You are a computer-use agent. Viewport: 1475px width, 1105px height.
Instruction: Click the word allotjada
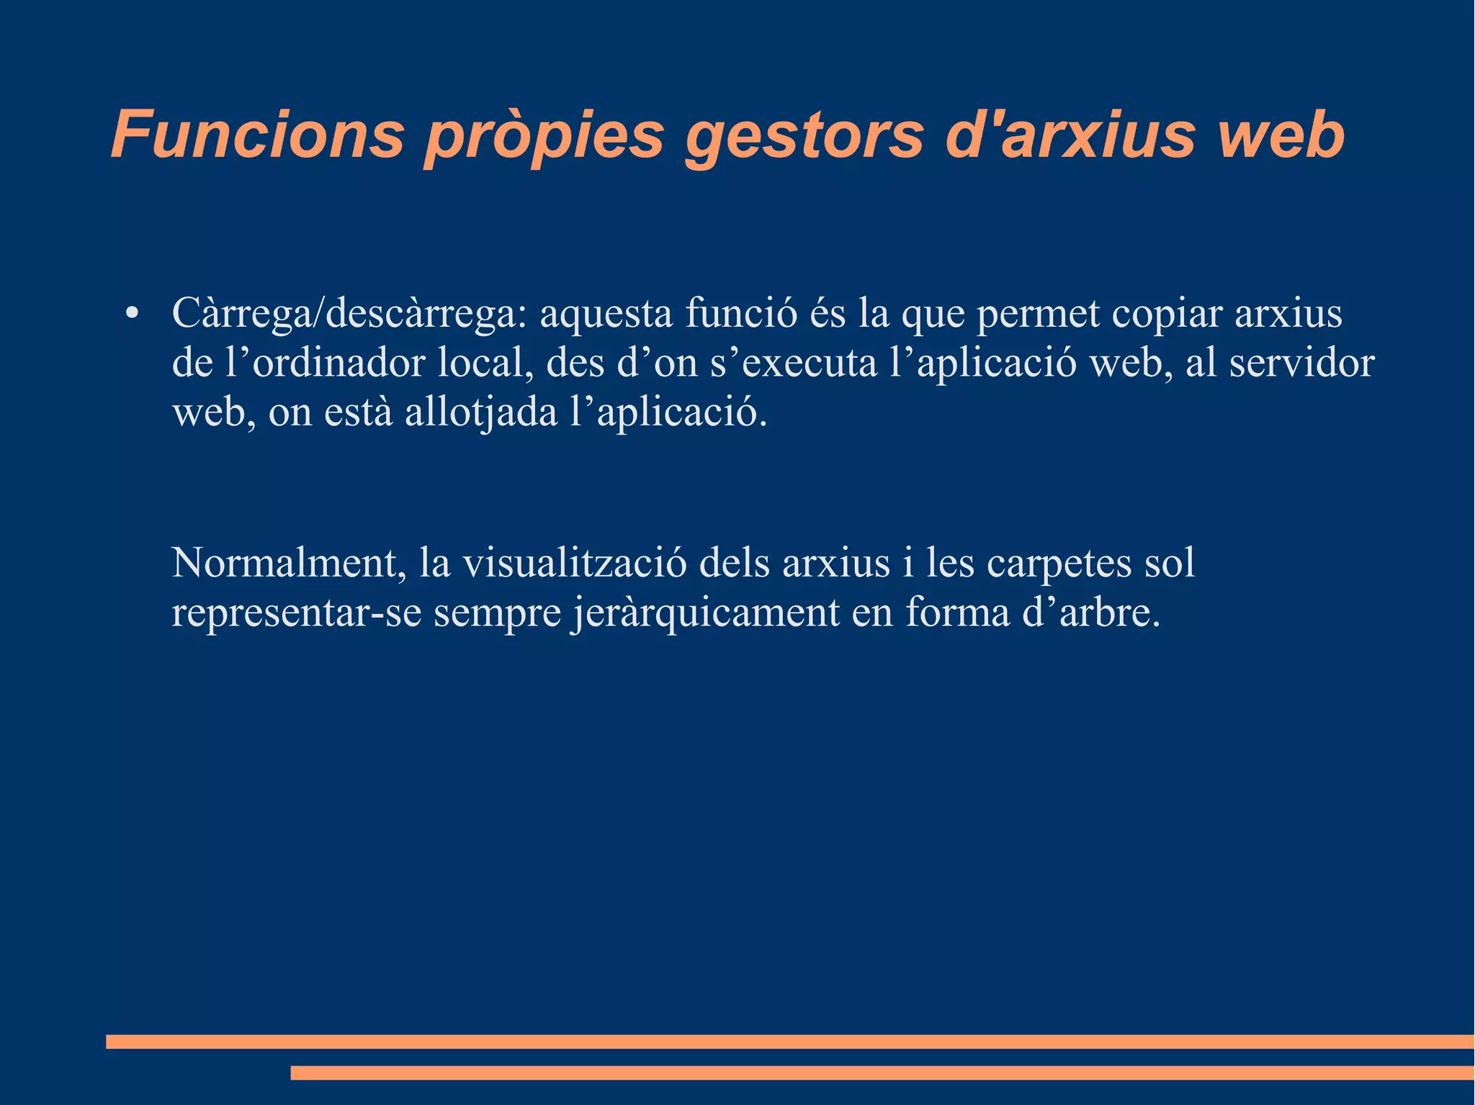click(481, 413)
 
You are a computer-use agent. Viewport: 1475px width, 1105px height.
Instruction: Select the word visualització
click(575, 563)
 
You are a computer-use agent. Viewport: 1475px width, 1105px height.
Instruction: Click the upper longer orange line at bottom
click(789, 1042)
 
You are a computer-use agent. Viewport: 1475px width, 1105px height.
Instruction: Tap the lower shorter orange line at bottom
click(882, 1073)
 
